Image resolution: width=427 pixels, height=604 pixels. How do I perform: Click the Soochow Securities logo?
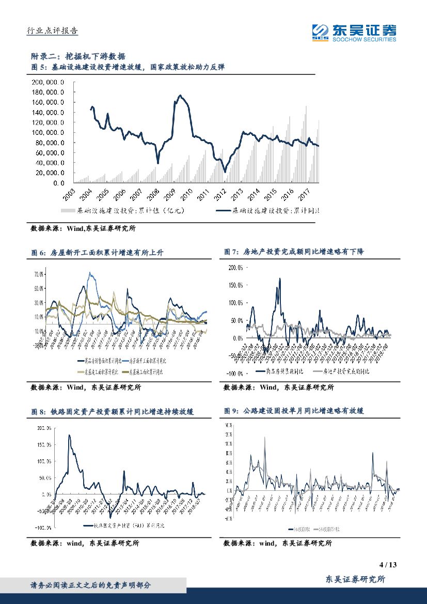354,32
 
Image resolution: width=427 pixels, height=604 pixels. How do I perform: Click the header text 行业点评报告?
52,31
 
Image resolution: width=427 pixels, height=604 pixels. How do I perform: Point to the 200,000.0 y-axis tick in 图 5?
48,83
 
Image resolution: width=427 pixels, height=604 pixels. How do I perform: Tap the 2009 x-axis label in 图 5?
169,196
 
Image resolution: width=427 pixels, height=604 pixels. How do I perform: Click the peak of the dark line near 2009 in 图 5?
180,95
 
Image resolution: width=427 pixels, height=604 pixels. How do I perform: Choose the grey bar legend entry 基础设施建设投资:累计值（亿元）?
122,211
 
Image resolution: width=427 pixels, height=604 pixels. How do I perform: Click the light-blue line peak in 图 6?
90,273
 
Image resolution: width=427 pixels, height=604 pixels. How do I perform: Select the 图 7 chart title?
294,252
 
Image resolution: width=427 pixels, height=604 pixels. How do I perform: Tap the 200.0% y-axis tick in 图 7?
236,267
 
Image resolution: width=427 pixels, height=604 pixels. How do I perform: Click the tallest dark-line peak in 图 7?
280,278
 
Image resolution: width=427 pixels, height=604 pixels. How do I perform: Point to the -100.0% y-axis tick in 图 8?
42,528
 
